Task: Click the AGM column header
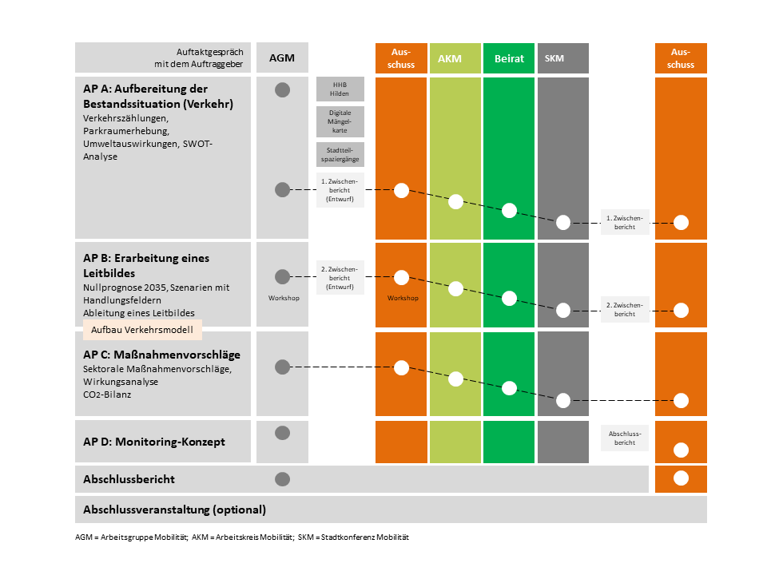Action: click(282, 57)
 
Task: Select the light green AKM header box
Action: click(455, 58)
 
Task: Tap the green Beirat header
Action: click(509, 58)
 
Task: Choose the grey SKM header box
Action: click(563, 58)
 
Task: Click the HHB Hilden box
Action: click(340, 89)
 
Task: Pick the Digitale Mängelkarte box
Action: click(340, 121)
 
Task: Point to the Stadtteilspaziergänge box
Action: click(340, 154)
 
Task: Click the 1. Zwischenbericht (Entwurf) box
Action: click(340, 190)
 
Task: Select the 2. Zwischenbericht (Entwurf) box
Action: click(340, 278)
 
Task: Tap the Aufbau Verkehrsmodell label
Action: click(142, 330)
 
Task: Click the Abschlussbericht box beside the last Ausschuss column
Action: click(625, 438)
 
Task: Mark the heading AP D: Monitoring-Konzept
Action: click(154, 442)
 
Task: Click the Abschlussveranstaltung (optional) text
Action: click(175, 510)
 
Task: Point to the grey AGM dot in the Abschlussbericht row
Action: click(282, 479)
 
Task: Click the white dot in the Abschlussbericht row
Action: click(681, 478)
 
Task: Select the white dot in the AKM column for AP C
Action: click(455, 379)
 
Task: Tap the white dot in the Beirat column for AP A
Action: click(509, 210)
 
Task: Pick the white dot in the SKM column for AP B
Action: click(563, 310)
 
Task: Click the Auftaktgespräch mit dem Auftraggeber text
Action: click(199, 57)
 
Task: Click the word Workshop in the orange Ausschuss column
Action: click(403, 298)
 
